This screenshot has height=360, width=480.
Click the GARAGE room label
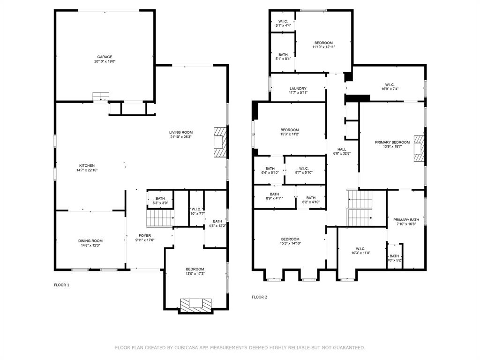[x=105, y=57]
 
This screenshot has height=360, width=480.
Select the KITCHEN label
[x=87, y=165]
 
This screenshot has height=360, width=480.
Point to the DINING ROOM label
[x=90, y=240]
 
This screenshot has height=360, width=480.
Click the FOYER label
[x=145, y=235]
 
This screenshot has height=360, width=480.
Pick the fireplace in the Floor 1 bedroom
[x=196, y=305]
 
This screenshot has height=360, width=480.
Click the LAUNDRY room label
[x=298, y=88]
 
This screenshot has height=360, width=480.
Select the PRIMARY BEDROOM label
[x=392, y=142]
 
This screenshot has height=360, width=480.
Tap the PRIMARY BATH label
[x=406, y=219]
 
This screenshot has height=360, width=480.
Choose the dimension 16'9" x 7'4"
[x=390, y=89]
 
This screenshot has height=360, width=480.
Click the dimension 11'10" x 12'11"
[x=323, y=47]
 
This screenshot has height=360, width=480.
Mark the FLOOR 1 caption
[x=61, y=285]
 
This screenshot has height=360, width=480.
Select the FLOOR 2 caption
[x=259, y=297]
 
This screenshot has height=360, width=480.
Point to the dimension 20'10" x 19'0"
[x=105, y=61]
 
